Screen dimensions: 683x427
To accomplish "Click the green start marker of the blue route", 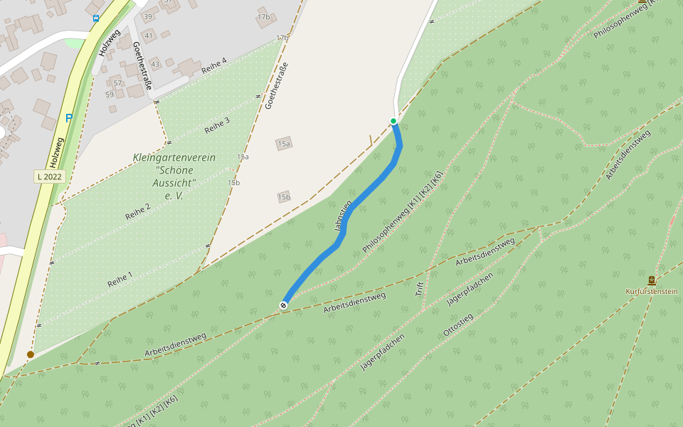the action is tap(393, 121).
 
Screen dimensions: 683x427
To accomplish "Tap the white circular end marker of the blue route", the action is tap(283, 305).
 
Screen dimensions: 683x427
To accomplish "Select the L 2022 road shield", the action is tap(50, 176).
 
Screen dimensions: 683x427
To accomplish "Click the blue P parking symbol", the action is tap(68, 118).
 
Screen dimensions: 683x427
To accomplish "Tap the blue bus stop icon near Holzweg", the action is tap(95, 19).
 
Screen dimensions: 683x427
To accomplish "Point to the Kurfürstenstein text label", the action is tap(651, 291).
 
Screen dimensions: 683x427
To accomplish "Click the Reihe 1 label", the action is tap(120, 277).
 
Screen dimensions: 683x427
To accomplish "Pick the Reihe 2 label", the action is tap(137, 211).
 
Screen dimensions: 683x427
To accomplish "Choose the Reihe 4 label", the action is tap(213, 66).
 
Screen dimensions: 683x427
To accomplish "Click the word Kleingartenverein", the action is tap(174, 157).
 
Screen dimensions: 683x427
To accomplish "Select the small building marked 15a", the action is tap(285, 144).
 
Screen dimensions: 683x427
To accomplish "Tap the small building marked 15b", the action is tap(284, 196).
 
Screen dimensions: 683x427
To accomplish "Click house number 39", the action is tap(148, 16).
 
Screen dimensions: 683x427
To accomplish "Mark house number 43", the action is tap(155, 65).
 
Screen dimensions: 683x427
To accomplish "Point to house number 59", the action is tap(110, 94).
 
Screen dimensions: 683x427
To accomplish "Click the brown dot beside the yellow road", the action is tap(31, 354).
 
